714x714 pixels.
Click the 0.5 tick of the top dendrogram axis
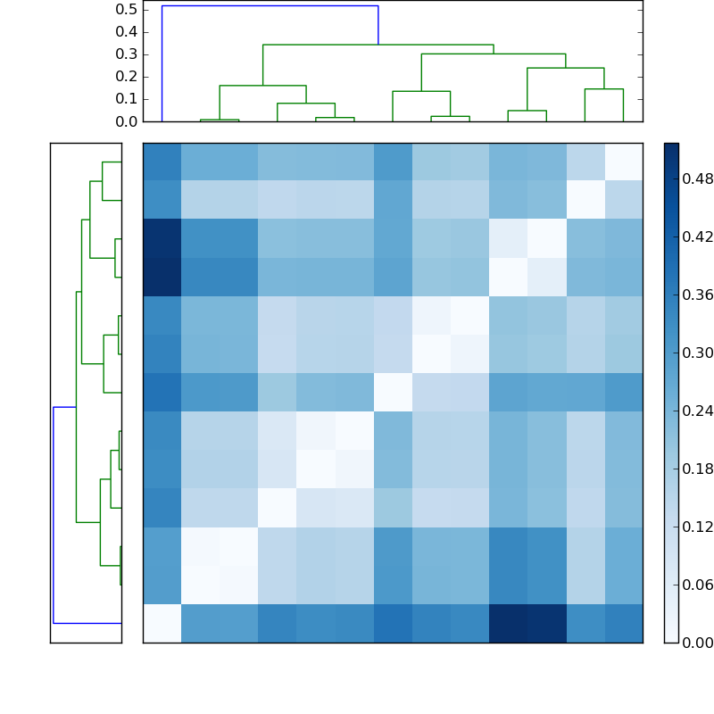pyautogui.click(x=126, y=10)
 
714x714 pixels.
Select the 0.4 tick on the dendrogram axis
pyautogui.click(x=126, y=32)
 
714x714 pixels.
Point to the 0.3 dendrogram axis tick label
pyautogui.click(x=126, y=54)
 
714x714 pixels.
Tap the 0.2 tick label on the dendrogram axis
pyautogui.click(x=126, y=77)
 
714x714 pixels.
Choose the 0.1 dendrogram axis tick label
pyautogui.click(x=126, y=99)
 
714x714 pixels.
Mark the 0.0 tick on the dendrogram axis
pyautogui.click(x=126, y=121)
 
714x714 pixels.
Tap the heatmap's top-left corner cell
pyautogui.click(x=162, y=162)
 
